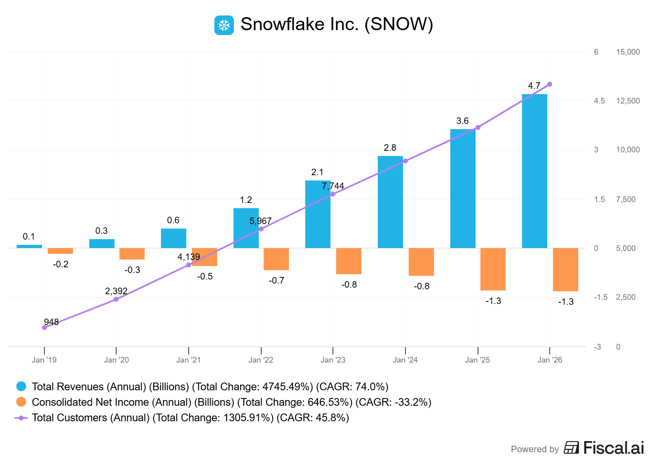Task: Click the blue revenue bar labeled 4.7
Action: click(x=534, y=171)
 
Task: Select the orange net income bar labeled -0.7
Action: click(x=276, y=259)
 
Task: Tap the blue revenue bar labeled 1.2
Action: click(x=246, y=228)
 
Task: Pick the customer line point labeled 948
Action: click(x=44, y=328)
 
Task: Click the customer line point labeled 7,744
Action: click(x=333, y=194)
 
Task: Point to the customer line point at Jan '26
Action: click(x=550, y=84)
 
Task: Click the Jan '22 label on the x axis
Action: click(x=261, y=360)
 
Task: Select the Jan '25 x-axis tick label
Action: click(x=478, y=360)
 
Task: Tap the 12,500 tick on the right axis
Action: click(x=628, y=101)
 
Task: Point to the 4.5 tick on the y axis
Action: click(x=599, y=101)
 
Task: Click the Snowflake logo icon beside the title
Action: click(x=224, y=25)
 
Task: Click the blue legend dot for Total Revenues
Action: click(x=21, y=386)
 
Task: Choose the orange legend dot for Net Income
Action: click(x=21, y=402)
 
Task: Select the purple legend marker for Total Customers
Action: click(x=21, y=418)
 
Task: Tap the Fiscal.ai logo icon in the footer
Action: click(x=571, y=447)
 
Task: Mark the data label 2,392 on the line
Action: click(x=116, y=291)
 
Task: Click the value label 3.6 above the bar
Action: click(x=463, y=121)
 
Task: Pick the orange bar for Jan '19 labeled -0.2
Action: click(x=60, y=251)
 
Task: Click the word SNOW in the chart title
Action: click(x=399, y=24)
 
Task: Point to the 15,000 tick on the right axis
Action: click(x=628, y=52)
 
